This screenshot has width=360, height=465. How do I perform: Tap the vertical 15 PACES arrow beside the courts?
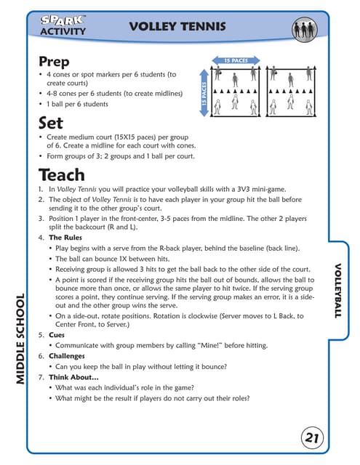204,95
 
